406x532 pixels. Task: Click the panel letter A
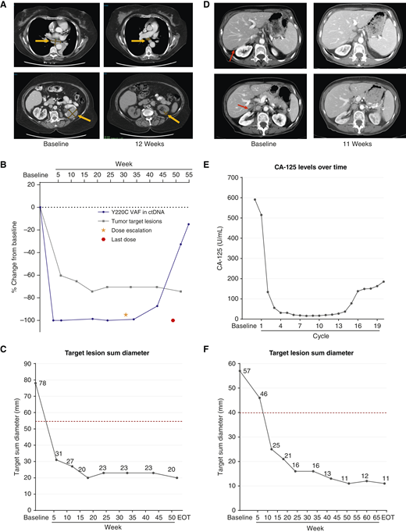(x=5, y=5)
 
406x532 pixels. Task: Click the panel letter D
(x=209, y=5)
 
